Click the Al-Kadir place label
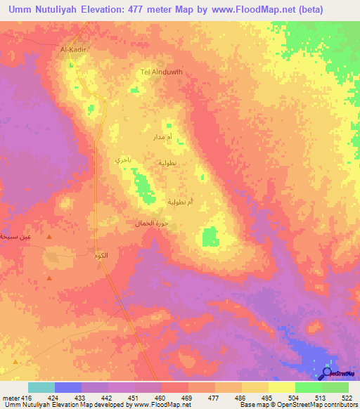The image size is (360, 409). [x=72, y=49]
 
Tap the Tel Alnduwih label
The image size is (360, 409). [x=162, y=72]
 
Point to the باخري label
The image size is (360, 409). [x=123, y=160]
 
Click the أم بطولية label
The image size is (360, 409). [x=181, y=202]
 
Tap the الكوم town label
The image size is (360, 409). [x=101, y=254]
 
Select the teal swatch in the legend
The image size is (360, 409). [x=41, y=387]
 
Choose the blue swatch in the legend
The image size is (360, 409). [x=68, y=387]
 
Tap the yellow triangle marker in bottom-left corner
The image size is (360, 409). [x=11, y=364]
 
